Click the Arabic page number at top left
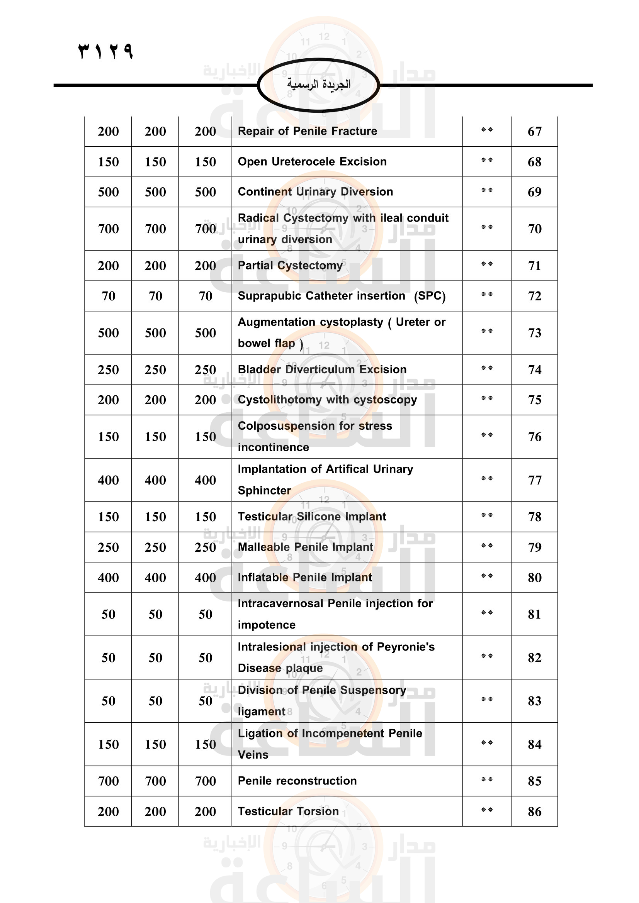105,51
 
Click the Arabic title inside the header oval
318,84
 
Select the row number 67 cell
534,131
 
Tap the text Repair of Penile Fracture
307,131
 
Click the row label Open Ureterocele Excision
312,162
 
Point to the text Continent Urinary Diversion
315,192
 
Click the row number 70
534,229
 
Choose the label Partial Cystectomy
290,266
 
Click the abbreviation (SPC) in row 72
429,296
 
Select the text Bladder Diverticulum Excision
322,370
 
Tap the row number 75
534,400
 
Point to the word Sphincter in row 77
264,490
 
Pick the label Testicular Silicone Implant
312,517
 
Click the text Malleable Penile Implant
305,547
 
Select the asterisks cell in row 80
487,576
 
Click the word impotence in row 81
267,625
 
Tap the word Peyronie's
405,647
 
